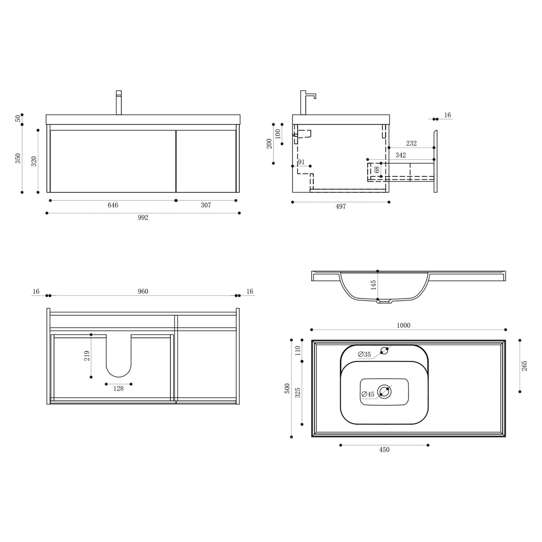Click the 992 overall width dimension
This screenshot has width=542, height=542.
(x=143, y=218)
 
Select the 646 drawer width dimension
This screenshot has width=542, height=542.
(x=113, y=205)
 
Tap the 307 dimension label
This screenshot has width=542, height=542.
(x=206, y=205)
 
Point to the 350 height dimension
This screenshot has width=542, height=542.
(x=18, y=158)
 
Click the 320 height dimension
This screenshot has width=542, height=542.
(x=34, y=161)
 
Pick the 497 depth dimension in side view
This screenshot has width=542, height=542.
(x=341, y=207)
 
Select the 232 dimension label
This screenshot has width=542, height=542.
(x=411, y=143)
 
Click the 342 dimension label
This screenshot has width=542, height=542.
(x=400, y=155)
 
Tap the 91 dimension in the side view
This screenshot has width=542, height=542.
(x=301, y=162)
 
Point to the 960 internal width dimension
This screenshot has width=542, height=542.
(x=143, y=292)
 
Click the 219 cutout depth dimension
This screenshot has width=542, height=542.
(x=87, y=355)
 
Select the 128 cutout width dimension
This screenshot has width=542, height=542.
(x=118, y=389)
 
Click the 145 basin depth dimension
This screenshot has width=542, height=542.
(x=374, y=285)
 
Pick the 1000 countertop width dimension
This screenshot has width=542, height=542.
(x=404, y=325)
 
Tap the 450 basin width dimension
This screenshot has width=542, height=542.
(x=384, y=450)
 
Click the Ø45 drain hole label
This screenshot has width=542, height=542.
(x=368, y=394)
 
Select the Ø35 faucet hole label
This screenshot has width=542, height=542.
(x=364, y=354)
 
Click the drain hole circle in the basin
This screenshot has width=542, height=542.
(x=384, y=392)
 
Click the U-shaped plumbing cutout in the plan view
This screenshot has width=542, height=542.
(x=119, y=357)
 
